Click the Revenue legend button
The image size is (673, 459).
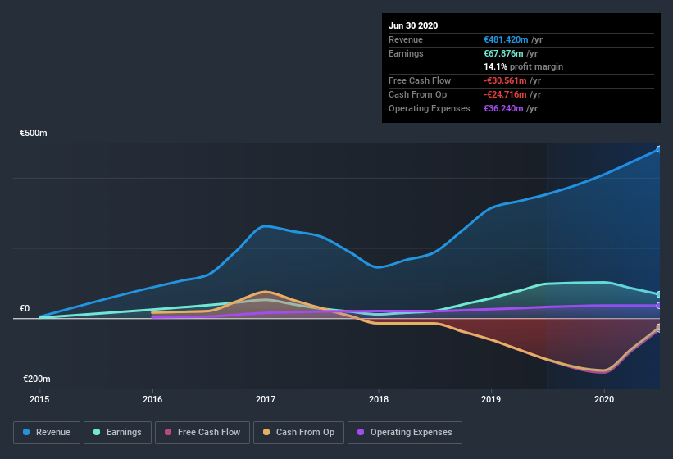(47, 432)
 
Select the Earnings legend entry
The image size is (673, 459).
(116, 432)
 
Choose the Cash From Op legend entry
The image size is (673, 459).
(299, 432)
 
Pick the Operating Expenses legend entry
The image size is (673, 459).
(404, 432)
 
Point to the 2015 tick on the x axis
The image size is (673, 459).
(39, 399)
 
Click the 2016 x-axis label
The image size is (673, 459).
(152, 399)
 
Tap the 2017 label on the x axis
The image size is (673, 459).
(266, 399)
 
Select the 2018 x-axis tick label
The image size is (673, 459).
(379, 399)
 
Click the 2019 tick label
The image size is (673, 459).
(491, 399)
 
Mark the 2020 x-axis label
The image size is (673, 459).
(604, 399)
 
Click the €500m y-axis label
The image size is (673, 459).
(34, 133)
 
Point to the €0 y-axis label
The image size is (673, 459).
(25, 309)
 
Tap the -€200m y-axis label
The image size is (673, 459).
(35, 379)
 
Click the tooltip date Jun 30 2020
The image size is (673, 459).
(413, 25)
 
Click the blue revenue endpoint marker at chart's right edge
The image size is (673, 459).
(658, 149)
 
